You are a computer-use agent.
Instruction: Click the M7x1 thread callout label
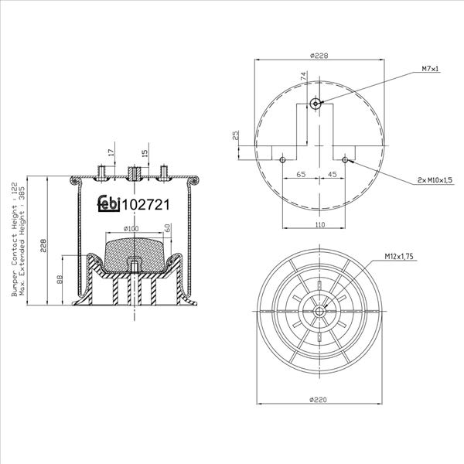430,69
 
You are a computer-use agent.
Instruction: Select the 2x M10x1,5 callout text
435,180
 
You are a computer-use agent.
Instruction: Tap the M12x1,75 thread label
398,257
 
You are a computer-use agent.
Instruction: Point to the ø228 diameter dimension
319,56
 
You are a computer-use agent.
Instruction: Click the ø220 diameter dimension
319,400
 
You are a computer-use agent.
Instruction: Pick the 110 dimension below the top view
319,224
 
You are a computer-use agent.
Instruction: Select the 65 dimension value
301,174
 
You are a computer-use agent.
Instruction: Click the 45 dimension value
333,174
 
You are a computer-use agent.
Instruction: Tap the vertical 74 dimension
303,77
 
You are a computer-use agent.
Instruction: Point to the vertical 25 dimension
236,135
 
